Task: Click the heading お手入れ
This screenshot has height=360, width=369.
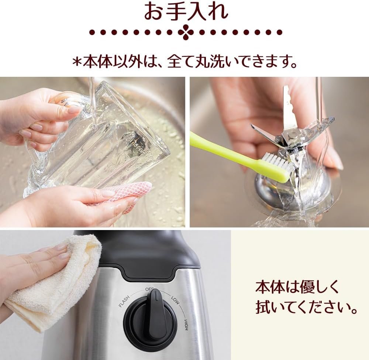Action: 186,11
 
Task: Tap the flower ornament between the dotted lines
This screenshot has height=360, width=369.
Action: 186,32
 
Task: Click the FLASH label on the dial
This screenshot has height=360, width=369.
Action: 124,302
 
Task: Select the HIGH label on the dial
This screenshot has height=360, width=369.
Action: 186,325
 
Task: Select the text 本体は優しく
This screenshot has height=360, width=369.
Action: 297,287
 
